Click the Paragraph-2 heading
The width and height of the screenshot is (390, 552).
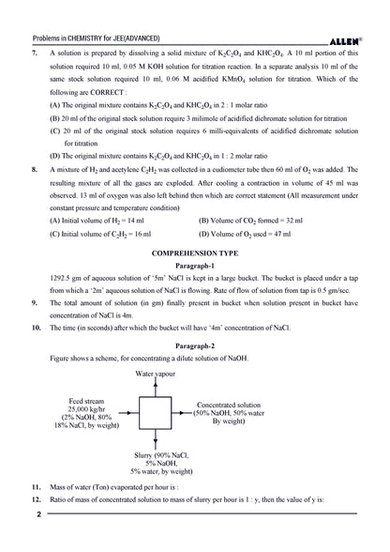(195, 346)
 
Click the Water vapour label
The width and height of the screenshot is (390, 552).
(157, 374)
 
